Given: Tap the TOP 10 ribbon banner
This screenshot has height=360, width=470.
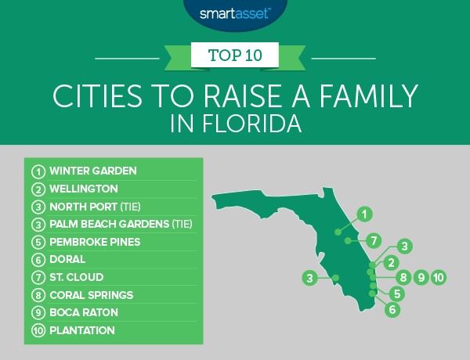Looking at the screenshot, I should tap(234, 57).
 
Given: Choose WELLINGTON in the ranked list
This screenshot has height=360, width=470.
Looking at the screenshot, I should tap(83, 189).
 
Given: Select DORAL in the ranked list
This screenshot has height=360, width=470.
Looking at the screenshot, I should tap(67, 260).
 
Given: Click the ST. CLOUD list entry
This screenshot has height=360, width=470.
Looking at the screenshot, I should tap(76, 277).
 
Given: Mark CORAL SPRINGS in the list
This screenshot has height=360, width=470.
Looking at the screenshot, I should tap(90, 295).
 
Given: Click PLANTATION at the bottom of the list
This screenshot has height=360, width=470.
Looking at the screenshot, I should tap(81, 330).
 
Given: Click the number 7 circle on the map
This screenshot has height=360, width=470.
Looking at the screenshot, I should tap(374, 239).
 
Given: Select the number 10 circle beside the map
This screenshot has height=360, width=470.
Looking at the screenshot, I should tap(438, 277).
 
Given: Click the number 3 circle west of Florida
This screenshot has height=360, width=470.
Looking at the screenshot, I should tap(310, 277).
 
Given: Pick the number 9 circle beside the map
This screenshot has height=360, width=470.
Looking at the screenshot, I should tap(421, 277).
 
